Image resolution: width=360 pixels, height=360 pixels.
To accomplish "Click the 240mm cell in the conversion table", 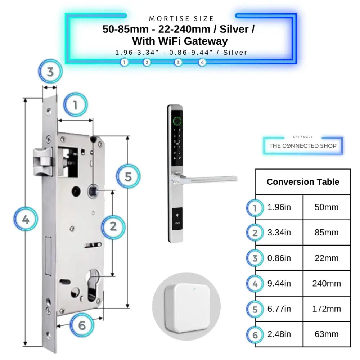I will click(327, 284).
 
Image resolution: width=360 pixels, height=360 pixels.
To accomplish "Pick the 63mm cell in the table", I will click(327, 334).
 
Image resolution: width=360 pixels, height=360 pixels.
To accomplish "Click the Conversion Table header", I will click(303, 182).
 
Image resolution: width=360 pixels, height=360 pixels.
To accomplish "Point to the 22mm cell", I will click(327, 258).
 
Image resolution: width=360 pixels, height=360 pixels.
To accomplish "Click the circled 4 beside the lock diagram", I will click(26, 219).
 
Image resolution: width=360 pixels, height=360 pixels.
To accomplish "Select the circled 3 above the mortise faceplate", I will click(50, 72).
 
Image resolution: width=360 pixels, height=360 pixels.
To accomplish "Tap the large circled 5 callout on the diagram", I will click(128, 176).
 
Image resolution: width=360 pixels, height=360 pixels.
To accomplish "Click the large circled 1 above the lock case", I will click(76, 105).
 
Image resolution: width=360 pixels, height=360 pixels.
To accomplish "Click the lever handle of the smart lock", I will click(209, 178).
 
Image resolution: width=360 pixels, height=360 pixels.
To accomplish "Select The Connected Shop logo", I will click(303, 146).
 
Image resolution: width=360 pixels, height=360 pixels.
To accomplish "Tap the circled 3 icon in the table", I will click(255, 258).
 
